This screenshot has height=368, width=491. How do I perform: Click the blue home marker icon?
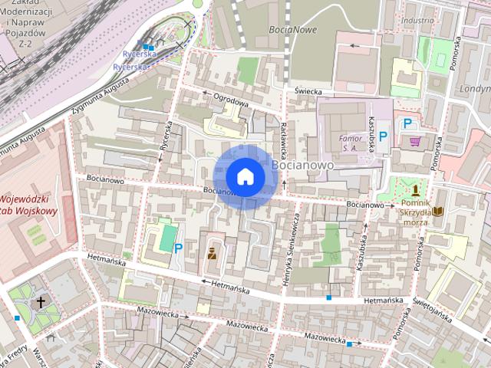(245, 176)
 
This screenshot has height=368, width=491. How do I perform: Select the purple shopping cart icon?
(415, 141)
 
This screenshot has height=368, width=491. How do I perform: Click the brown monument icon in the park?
(415, 189)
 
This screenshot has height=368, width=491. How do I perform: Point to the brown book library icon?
(438, 211)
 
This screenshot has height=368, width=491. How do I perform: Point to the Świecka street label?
(306, 91)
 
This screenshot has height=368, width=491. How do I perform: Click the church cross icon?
(41, 302)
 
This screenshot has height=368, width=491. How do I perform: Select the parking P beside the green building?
(178, 248)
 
